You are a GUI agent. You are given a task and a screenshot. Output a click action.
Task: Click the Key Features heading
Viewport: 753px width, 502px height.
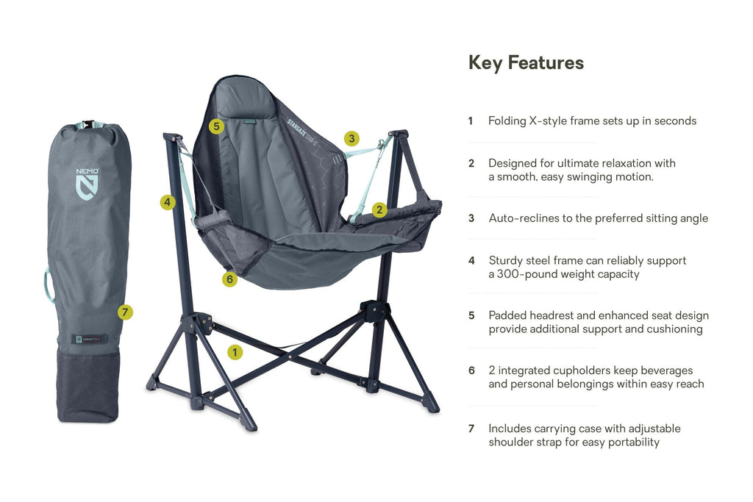526,63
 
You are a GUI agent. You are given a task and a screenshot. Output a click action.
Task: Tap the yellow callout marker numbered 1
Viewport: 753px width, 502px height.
235,352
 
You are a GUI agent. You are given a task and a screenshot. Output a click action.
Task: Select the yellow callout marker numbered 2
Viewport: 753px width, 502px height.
379,209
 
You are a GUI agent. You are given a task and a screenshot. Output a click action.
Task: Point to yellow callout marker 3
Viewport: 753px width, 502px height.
352,138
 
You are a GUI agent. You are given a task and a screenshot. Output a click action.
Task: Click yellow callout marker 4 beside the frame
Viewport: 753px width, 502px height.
168,202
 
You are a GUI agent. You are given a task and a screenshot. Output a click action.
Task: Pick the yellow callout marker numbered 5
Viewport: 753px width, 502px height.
215,126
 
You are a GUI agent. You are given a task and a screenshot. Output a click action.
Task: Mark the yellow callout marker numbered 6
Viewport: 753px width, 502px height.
230,279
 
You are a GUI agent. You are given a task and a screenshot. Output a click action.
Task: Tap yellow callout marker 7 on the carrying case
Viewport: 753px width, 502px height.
126,312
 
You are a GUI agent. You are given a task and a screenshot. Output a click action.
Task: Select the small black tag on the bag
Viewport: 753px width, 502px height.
89,339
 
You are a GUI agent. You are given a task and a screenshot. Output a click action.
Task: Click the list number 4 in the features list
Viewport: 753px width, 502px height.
471,260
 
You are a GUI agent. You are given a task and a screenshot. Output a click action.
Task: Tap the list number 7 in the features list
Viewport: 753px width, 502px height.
471,429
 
